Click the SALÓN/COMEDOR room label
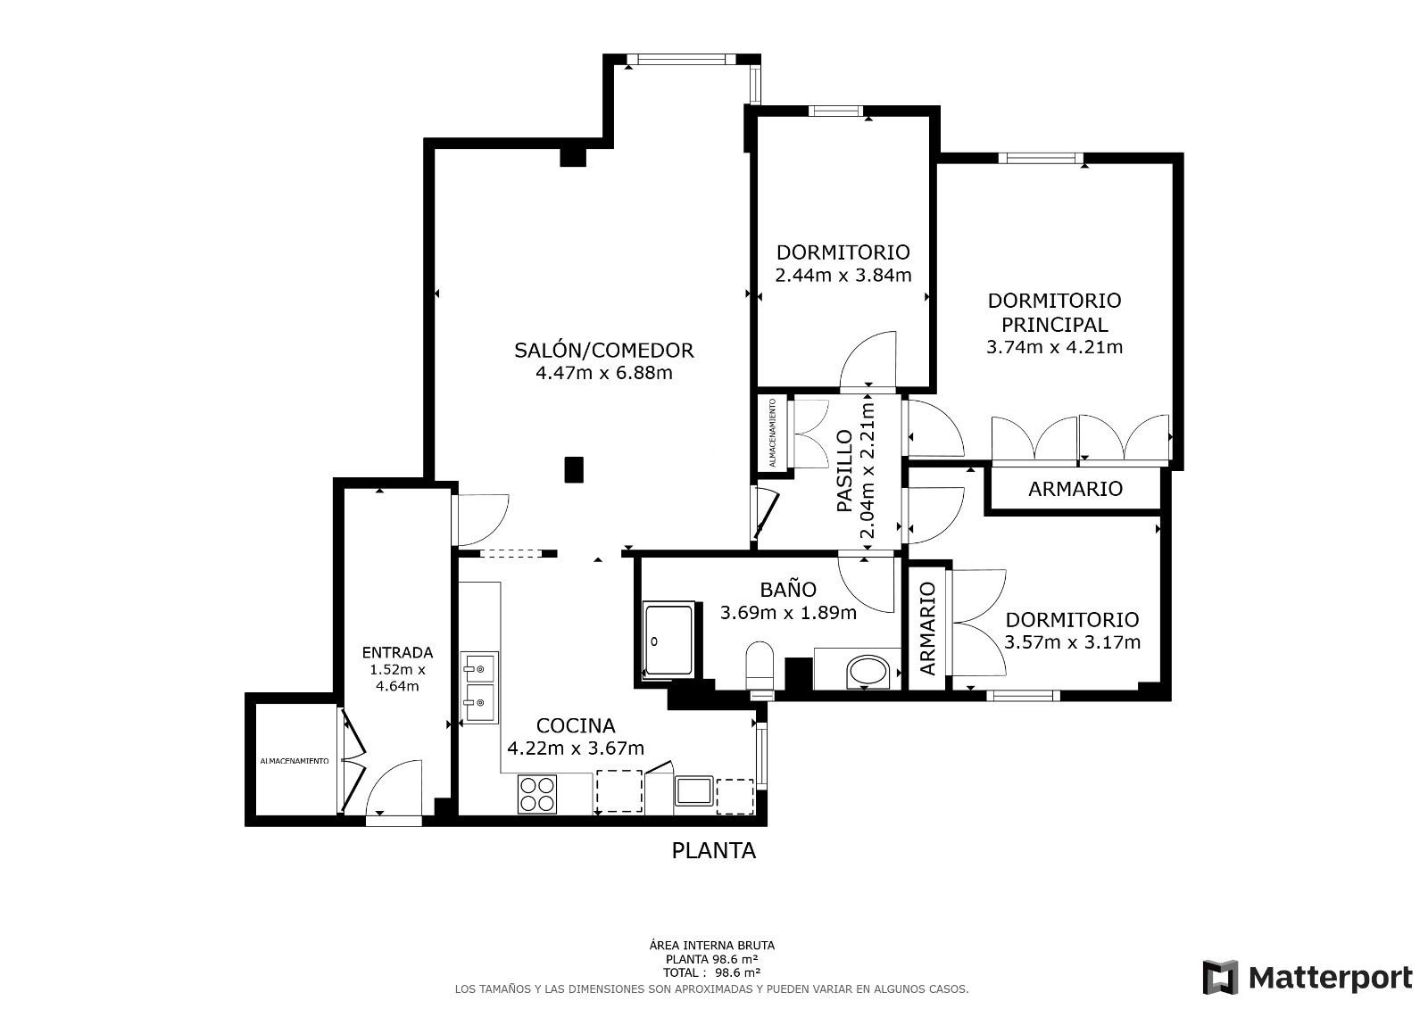pyautogui.click(x=603, y=350)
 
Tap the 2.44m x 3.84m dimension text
pyautogui.click(x=843, y=276)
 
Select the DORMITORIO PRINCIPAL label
pyautogui.click(x=1054, y=312)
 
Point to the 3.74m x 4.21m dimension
pyautogui.click(x=1054, y=347)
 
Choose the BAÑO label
pyautogui.click(x=788, y=589)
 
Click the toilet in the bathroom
pyautogui.click(x=760, y=666)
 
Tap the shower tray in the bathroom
pyautogui.click(x=668, y=640)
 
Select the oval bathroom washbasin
pyautogui.click(x=867, y=672)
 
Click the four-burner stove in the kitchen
pyautogui.click(x=536, y=794)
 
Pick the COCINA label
pyautogui.click(x=575, y=725)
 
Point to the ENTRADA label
pyautogui.click(x=397, y=652)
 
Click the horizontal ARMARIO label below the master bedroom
pyautogui.click(x=1075, y=488)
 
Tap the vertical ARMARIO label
pyautogui.click(x=927, y=628)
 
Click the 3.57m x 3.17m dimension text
pyautogui.click(x=1072, y=641)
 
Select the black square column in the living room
pyautogui.click(x=574, y=470)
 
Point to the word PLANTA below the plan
pyautogui.click(x=713, y=850)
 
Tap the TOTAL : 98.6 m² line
pyautogui.click(x=711, y=972)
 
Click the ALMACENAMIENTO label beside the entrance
pyautogui.click(x=294, y=761)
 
